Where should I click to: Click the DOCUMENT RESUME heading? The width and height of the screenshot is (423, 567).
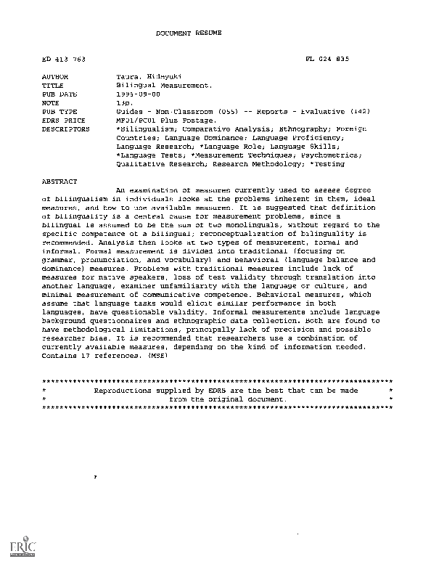tap(189, 33)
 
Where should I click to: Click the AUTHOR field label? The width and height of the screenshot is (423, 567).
tap(55, 76)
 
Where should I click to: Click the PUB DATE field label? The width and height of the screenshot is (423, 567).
tap(59, 94)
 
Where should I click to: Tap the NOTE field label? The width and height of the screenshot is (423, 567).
tap(51, 103)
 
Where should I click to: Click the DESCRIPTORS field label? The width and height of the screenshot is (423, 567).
tap(65, 129)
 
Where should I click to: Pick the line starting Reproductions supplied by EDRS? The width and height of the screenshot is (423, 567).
tap(226, 390)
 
